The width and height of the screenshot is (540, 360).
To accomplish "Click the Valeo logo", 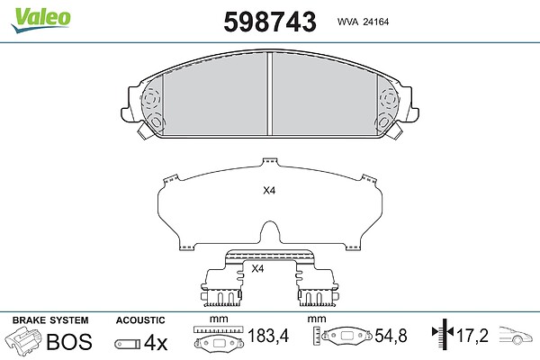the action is (40, 20).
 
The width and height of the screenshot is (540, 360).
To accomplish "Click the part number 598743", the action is (270, 22).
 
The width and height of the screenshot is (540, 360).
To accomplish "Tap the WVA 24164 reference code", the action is (363, 22).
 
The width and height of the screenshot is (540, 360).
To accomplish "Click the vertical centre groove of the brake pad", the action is (270, 94).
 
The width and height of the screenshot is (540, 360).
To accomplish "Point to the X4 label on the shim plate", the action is (269, 191).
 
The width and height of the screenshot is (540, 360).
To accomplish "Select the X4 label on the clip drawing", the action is (257, 268).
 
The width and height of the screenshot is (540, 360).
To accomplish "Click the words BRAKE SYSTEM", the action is (50, 320).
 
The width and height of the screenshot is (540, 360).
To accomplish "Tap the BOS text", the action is (69, 341).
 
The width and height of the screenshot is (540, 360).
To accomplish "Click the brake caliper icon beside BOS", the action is (23, 340).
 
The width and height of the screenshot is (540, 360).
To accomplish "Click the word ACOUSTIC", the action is (140, 320).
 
